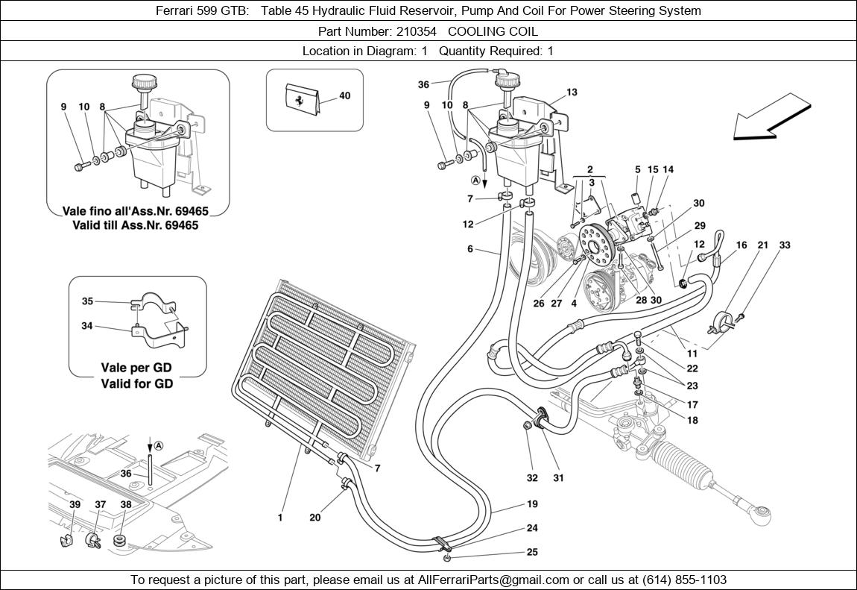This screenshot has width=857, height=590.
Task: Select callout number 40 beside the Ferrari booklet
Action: click(344, 96)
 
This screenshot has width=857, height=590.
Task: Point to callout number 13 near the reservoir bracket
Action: click(572, 92)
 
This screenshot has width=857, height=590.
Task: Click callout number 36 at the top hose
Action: click(424, 84)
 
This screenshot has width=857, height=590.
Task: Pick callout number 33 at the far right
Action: click(785, 245)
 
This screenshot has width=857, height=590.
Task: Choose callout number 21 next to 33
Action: click(762, 245)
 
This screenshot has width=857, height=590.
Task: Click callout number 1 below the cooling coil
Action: click(280, 517)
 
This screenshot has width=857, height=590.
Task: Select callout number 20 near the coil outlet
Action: click(315, 517)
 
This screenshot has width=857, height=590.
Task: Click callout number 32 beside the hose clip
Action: click(531, 478)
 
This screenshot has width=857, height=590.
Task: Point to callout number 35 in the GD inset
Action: click(87, 301)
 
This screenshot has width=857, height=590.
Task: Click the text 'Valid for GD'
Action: click(136, 383)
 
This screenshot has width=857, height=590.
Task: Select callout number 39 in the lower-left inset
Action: click(75, 505)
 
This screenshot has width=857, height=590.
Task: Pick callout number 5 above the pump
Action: click(638, 170)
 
